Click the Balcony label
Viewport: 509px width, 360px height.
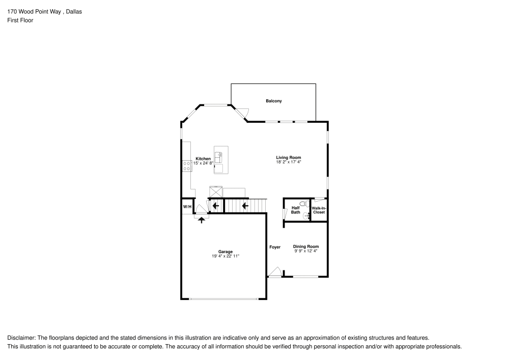point(273,101)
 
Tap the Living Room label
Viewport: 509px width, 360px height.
point(289,158)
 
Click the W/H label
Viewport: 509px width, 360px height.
point(187,207)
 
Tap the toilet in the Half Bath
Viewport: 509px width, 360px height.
point(304,204)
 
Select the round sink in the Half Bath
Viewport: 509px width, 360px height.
point(306,216)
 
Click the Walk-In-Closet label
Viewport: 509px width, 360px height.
point(319,210)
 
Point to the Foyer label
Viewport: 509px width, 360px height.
point(275,247)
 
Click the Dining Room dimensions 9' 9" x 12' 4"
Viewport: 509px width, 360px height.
point(306,251)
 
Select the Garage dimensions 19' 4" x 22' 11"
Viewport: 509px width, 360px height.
point(225,256)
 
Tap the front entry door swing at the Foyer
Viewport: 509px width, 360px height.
point(275,272)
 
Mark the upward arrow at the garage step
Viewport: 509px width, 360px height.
point(202,219)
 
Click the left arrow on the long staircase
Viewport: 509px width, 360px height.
point(245,206)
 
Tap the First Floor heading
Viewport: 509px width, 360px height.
point(20,20)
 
